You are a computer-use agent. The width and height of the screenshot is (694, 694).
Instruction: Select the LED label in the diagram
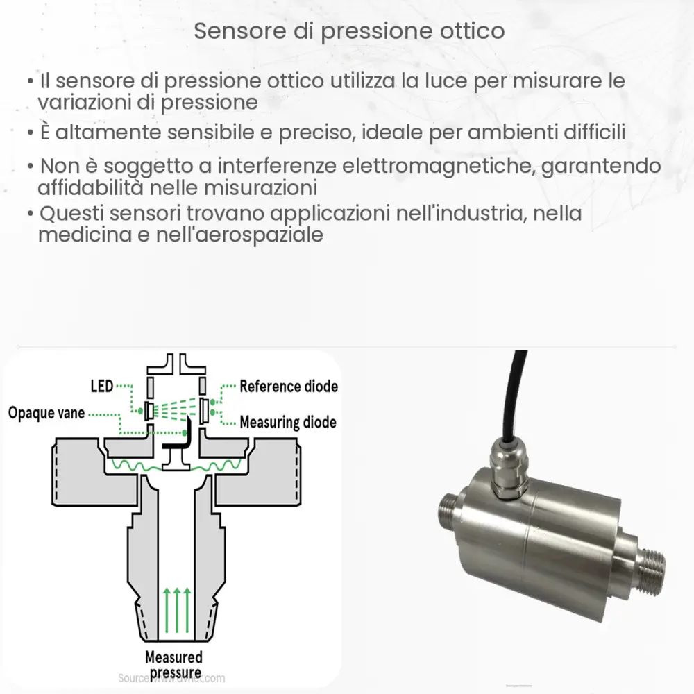pos(101,386)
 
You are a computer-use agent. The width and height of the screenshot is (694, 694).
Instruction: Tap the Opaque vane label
pos(46,414)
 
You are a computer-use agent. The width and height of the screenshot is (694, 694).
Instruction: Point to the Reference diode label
pos(289,387)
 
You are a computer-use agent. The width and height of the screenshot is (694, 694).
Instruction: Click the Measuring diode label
pos(288,422)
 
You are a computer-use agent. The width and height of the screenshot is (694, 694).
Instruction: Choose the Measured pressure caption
pos(173,664)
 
